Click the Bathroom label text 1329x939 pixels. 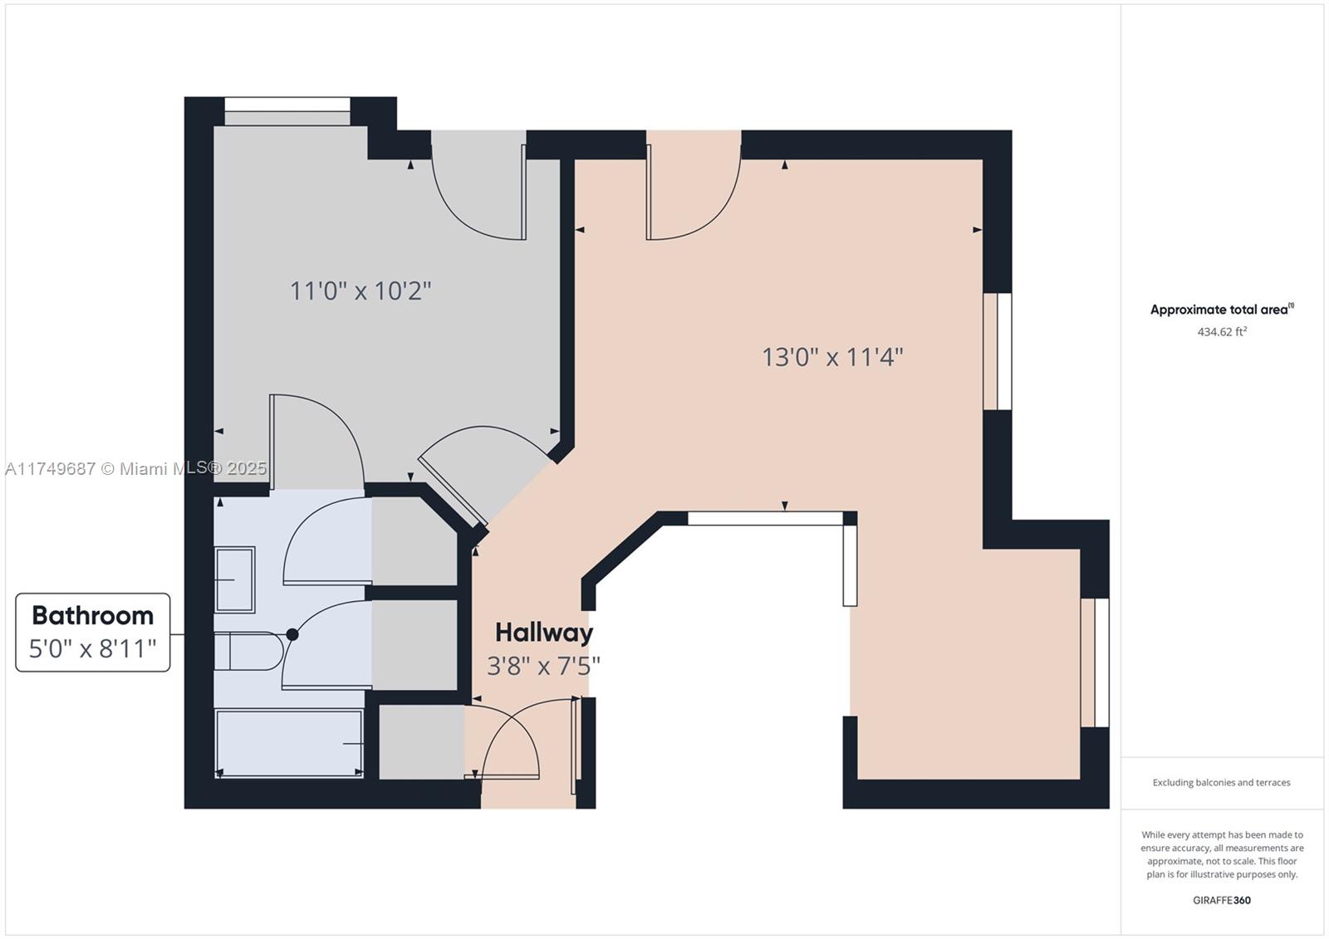tap(92, 615)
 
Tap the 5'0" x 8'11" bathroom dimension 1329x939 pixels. tap(92, 648)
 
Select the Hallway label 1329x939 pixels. tap(544, 633)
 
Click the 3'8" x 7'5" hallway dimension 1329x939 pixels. tap(543, 666)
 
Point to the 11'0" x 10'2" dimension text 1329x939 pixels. tap(360, 291)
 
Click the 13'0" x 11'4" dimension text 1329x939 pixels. tap(832, 357)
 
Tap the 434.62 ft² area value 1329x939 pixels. tap(1221, 332)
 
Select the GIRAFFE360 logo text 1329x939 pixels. tap(1221, 900)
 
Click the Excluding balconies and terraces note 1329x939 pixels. tap(1221, 782)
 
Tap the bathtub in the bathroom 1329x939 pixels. tap(289, 743)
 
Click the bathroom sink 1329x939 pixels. tap(234, 579)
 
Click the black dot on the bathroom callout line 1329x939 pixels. tap(292, 634)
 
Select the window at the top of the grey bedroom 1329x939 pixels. tap(287, 111)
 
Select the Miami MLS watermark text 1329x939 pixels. tap(136, 468)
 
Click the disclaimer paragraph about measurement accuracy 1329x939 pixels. tap(1221, 854)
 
